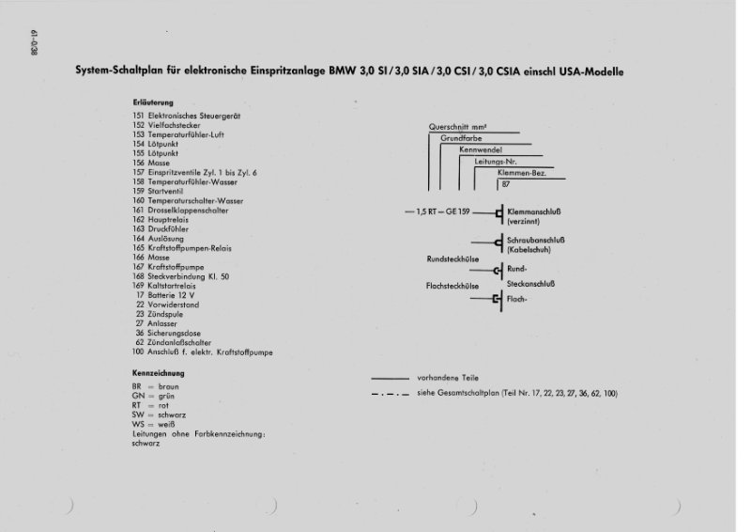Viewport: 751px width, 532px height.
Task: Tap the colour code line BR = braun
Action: (x=157, y=386)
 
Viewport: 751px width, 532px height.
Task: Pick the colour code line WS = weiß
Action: (x=154, y=425)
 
